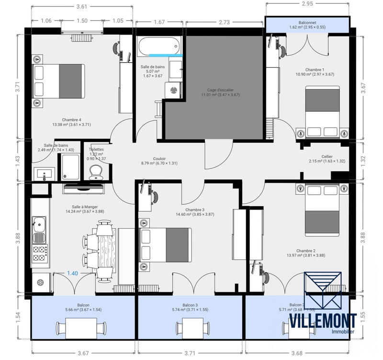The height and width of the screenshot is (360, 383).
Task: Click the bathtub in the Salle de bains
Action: point(159,47)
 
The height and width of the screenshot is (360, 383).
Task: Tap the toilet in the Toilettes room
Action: point(96,172)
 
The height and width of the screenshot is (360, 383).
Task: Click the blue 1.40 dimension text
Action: point(72,273)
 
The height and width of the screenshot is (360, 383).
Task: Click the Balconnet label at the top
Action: point(307,23)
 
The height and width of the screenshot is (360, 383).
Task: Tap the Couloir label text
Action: point(159,159)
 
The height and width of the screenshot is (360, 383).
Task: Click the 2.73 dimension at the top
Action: point(224,22)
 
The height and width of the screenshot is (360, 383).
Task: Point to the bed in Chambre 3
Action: point(165,245)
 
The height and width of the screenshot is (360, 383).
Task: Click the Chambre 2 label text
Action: point(305,251)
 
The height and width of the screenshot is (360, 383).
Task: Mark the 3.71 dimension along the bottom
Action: point(191,353)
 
